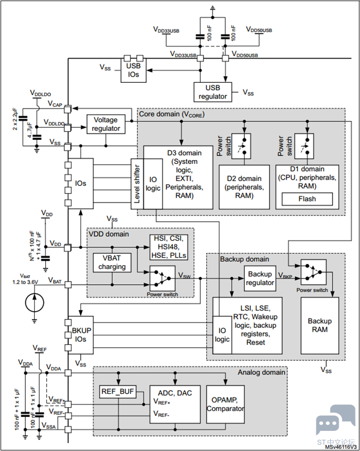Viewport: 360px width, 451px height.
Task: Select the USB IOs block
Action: (134, 70)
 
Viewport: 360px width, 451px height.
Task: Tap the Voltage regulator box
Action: (106, 124)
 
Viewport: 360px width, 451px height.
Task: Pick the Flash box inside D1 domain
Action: (307, 199)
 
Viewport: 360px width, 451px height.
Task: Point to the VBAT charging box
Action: (112, 263)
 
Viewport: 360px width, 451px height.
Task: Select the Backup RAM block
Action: (320, 326)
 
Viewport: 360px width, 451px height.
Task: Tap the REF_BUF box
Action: (117, 391)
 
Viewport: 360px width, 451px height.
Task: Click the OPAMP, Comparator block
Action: (225, 404)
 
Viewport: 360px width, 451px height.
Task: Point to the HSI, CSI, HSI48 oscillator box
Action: (168, 247)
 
